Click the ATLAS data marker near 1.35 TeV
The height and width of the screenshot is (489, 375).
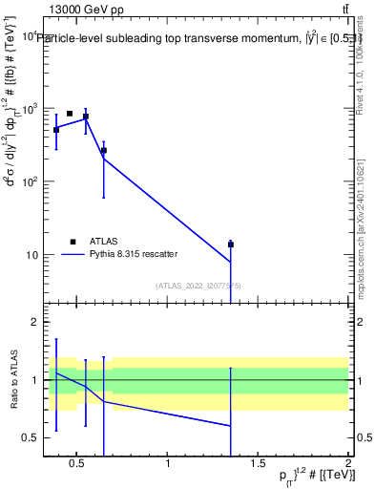[230, 244]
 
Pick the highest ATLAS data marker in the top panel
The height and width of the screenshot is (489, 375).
[70, 114]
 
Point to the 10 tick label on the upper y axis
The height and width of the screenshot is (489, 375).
[31, 254]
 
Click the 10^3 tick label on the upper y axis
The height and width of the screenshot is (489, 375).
[29, 109]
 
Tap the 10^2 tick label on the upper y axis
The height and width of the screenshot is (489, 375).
[29, 181]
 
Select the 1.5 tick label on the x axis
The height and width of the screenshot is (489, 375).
[259, 464]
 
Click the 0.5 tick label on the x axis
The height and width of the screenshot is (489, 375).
[79, 464]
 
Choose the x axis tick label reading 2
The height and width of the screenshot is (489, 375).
[348, 464]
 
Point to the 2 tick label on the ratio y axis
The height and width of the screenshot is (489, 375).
[34, 322]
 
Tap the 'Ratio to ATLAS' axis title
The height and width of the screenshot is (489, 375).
[13, 380]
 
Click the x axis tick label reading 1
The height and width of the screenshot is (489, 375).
[169, 464]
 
